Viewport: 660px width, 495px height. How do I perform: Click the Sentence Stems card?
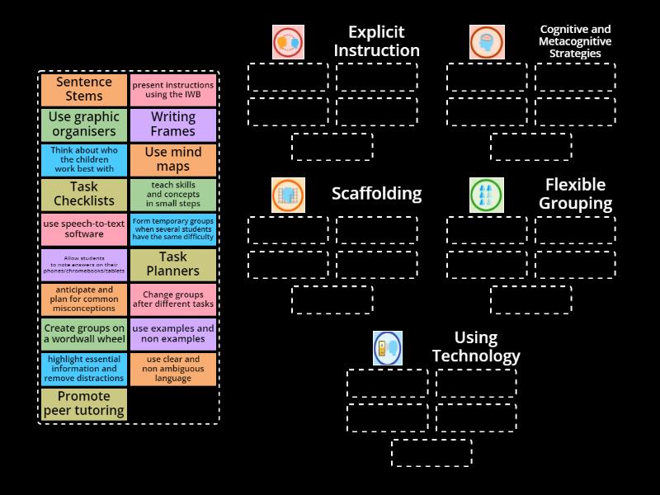(84, 90)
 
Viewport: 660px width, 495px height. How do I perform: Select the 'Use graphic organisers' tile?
(84, 125)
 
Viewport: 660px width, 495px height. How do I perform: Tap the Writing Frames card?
(173, 125)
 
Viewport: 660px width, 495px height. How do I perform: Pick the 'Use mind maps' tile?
(173, 160)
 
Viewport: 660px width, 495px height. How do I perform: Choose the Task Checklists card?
(84, 195)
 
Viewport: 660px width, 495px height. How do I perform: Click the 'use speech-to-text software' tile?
(84, 229)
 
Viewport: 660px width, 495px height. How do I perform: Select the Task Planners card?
(173, 265)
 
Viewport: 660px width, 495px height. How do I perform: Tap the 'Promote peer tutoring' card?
(84, 404)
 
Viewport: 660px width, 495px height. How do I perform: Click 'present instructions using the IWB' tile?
(173, 90)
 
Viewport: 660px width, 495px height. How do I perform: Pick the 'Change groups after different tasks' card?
(173, 299)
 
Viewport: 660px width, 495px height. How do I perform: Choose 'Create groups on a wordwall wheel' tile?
(84, 334)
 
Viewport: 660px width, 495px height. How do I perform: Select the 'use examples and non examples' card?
(173, 334)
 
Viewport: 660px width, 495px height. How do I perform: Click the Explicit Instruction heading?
(377, 41)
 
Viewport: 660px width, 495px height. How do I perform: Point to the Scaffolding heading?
(377, 194)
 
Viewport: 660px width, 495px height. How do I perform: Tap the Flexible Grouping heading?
(575, 194)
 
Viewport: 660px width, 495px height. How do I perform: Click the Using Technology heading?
(476, 346)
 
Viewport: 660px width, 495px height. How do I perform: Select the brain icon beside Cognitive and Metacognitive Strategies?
(487, 42)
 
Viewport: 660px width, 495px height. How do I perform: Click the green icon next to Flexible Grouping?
(487, 195)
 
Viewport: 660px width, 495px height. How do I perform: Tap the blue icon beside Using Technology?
(388, 348)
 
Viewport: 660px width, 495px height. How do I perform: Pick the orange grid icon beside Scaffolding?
(288, 195)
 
